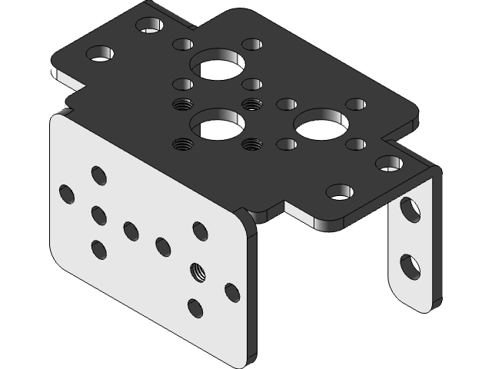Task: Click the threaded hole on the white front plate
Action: (x=198, y=271)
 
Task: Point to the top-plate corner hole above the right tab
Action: (x=388, y=163)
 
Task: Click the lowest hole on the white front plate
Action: (x=195, y=309)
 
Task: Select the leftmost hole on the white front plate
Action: (x=66, y=193)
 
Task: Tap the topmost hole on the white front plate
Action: (x=98, y=175)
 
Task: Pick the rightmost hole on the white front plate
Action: (x=232, y=292)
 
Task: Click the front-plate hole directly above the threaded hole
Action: (x=200, y=230)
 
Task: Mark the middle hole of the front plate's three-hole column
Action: (x=98, y=215)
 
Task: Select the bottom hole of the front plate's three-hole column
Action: (x=98, y=249)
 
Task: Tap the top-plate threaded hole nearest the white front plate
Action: (x=182, y=143)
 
